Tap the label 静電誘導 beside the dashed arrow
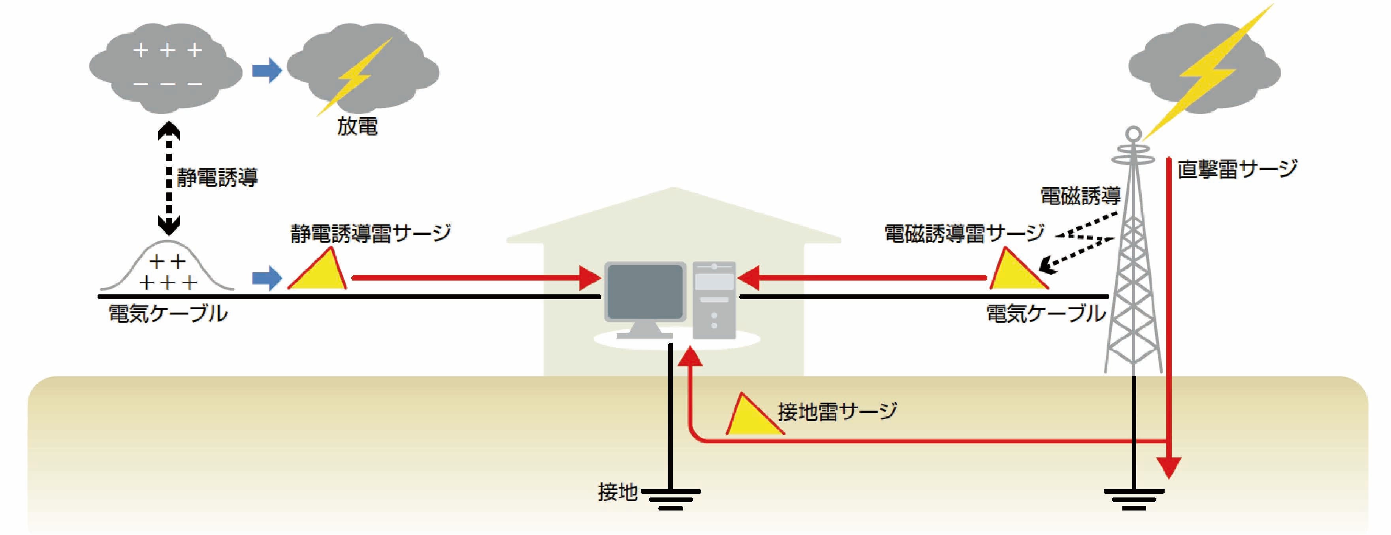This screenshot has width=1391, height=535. pos(217,177)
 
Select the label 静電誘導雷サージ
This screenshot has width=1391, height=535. pos(371,233)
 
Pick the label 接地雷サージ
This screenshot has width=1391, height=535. pos(837,411)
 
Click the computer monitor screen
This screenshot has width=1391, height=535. pos(645,292)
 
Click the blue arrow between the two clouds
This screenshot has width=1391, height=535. pos(267,71)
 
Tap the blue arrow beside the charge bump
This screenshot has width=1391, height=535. pos(267,278)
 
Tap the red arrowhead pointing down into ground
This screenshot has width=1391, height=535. pos(1169,467)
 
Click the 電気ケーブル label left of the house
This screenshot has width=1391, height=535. pos(168,314)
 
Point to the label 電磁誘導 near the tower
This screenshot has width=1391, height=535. pos(1080,196)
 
